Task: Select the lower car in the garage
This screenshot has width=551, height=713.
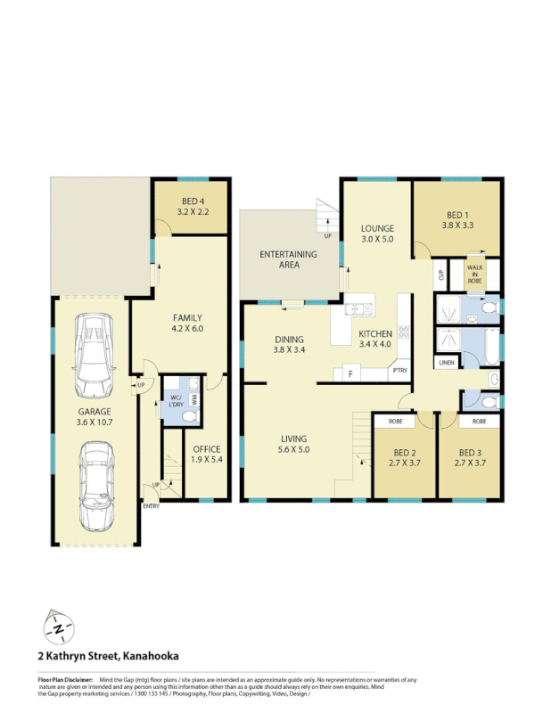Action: (96, 485)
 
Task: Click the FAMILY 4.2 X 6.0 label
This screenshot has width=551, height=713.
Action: (187, 323)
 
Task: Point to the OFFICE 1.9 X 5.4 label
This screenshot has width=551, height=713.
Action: (206, 455)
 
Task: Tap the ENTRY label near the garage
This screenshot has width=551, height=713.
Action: (151, 506)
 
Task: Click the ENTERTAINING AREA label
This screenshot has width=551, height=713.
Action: (288, 259)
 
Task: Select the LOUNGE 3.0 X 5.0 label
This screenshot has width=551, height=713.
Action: (377, 234)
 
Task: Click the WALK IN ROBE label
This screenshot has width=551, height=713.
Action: (475, 273)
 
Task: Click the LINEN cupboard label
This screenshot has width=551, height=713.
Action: (445, 363)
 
